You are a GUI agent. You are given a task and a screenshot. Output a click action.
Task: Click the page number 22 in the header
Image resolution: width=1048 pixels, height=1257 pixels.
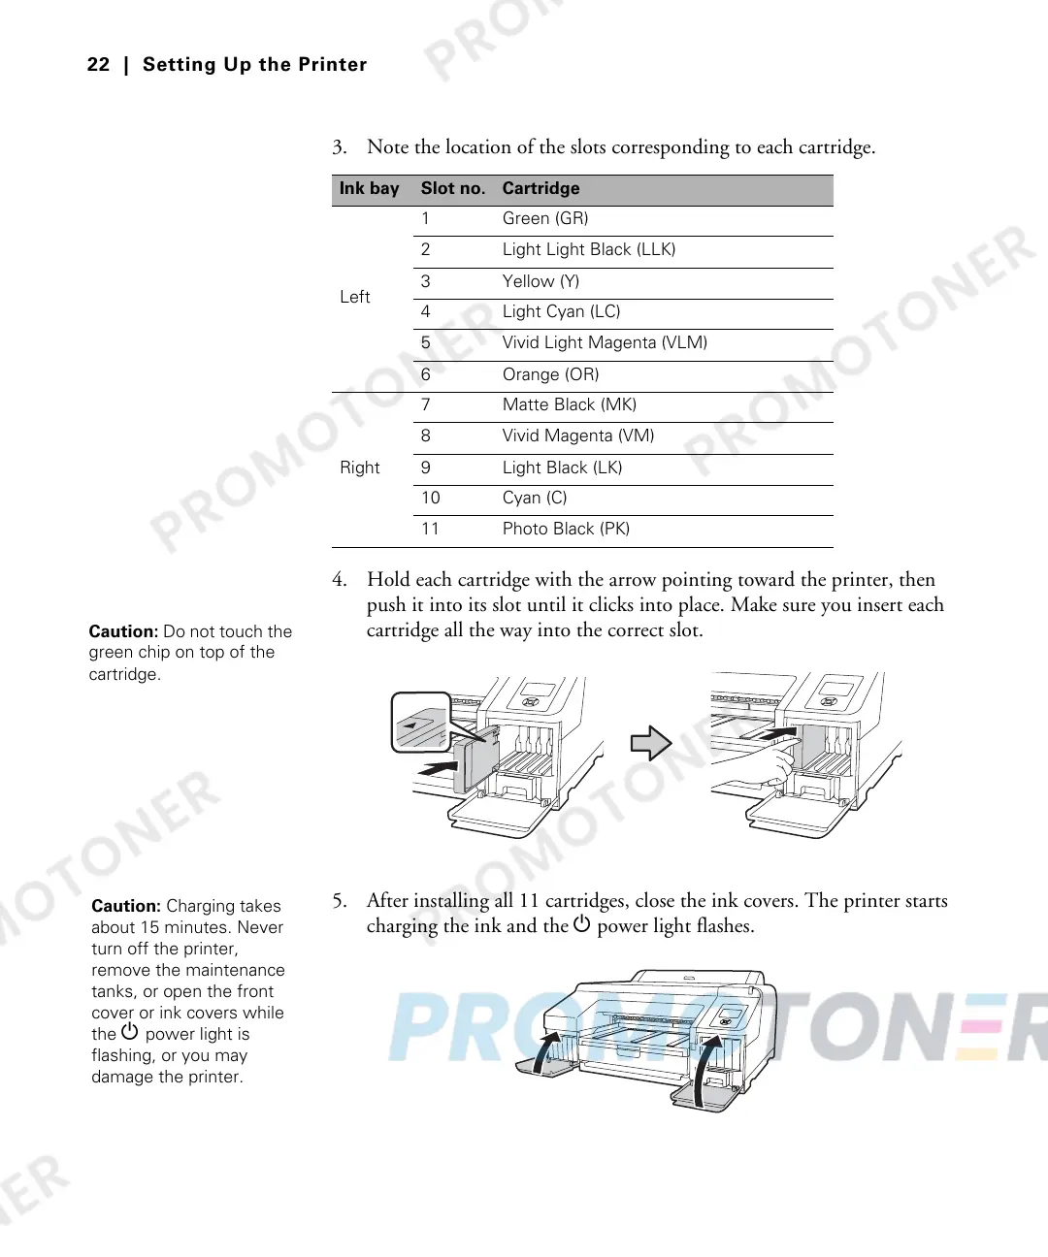pyautogui.click(x=98, y=65)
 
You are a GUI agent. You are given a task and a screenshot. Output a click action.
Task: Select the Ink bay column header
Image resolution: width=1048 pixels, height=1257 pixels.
pyautogui.click(x=369, y=189)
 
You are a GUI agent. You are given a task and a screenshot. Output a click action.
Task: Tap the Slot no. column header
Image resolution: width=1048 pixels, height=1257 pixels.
pyautogui.click(x=452, y=189)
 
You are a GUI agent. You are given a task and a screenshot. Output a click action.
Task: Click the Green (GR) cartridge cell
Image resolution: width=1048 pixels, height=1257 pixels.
pyautogui.click(x=545, y=219)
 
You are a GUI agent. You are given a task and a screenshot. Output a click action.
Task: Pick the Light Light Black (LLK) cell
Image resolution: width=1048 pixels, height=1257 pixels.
pyautogui.click(x=588, y=250)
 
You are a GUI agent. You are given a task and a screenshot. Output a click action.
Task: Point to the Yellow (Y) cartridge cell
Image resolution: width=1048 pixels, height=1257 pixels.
pyautogui.click(x=540, y=281)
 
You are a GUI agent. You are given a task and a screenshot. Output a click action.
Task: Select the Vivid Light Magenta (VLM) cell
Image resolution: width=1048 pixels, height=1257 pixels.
pyautogui.click(x=605, y=343)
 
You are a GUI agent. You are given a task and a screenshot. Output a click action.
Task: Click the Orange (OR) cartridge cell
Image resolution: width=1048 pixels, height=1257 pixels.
pyautogui.click(x=550, y=374)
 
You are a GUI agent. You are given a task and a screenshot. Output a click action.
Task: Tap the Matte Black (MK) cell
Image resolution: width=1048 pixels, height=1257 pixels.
pyautogui.click(x=569, y=405)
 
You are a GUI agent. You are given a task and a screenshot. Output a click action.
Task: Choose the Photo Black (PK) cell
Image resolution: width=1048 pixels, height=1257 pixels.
pyautogui.click(x=566, y=530)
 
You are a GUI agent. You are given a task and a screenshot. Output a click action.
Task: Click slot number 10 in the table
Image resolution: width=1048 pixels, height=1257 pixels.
pyautogui.click(x=430, y=499)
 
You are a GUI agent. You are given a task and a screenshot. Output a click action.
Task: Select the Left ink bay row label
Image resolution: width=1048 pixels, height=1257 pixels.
pyautogui.click(x=354, y=298)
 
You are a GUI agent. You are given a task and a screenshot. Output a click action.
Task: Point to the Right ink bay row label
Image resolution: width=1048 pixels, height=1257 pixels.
pyautogui.click(x=359, y=468)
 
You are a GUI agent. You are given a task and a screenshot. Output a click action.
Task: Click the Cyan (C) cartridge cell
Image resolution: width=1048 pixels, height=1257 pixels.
pyautogui.click(x=534, y=499)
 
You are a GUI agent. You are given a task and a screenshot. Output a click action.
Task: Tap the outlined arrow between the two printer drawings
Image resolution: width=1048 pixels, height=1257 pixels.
pyautogui.click(x=651, y=744)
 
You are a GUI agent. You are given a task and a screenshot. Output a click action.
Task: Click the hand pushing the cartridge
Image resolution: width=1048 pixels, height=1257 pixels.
pyautogui.click(x=767, y=766)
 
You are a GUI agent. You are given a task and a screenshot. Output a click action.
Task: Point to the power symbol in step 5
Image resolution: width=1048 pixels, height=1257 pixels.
pyautogui.click(x=581, y=924)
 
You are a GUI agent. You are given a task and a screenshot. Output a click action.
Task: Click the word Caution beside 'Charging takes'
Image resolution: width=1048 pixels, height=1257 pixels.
pyautogui.click(x=125, y=907)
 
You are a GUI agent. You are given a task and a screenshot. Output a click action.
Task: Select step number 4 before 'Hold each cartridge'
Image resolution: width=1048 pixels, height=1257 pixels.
pyautogui.click(x=338, y=580)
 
